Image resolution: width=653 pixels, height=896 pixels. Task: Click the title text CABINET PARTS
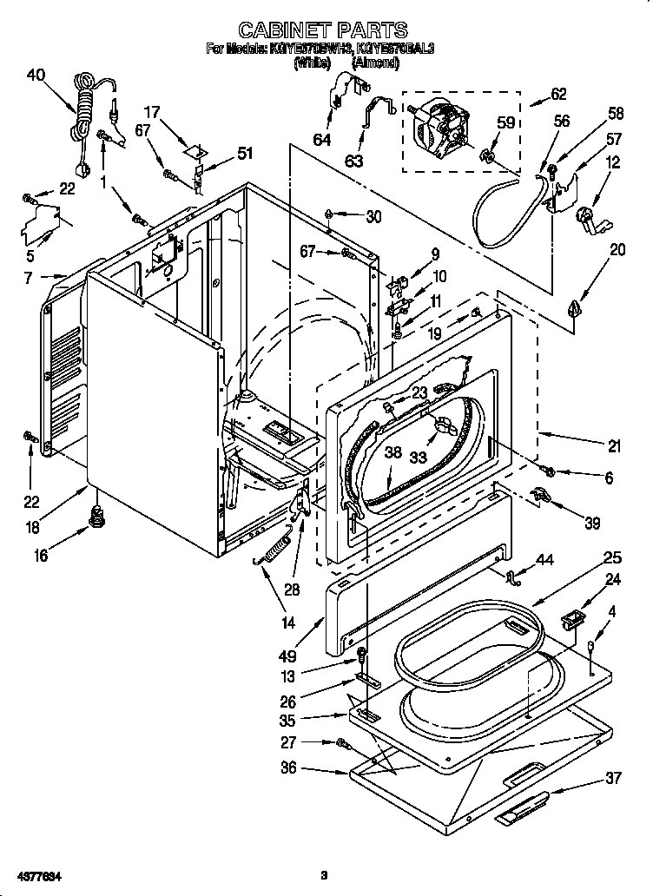pyautogui.click(x=322, y=32)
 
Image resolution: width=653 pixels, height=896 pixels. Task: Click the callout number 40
pyautogui.click(x=36, y=76)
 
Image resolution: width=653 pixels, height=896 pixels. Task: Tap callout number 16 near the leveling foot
pyautogui.click(x=41, y=556)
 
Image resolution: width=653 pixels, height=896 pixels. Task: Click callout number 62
pyautogui.click(x=558, y=95)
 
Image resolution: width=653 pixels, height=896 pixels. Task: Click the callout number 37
pyautogui.click(x=614, y=778)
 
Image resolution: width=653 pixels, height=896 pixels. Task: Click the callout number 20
pyautogui.click(x=617, y=250)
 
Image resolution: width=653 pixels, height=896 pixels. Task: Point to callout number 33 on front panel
pyautogui.click(x=419, y=457)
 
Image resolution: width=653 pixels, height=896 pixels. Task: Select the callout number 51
pyautogui.click(x=246, y=155)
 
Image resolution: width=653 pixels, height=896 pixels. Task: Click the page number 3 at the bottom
pyautogui.click(x=323, y=874)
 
